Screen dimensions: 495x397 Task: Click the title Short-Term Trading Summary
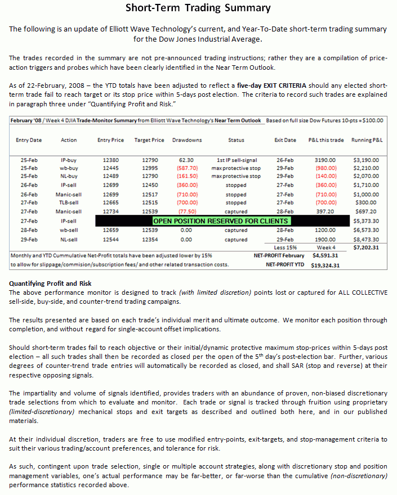point(198,8)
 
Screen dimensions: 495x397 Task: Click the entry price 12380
point(111,160)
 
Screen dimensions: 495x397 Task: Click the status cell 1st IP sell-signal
point(237,160)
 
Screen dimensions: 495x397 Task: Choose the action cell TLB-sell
point(69,202)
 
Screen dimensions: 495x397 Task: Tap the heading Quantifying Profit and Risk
point(50,283)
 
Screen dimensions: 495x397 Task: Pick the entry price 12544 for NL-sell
point(111,240)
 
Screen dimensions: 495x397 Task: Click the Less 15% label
point(286,247)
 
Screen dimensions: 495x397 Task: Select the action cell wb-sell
point(69,230)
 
